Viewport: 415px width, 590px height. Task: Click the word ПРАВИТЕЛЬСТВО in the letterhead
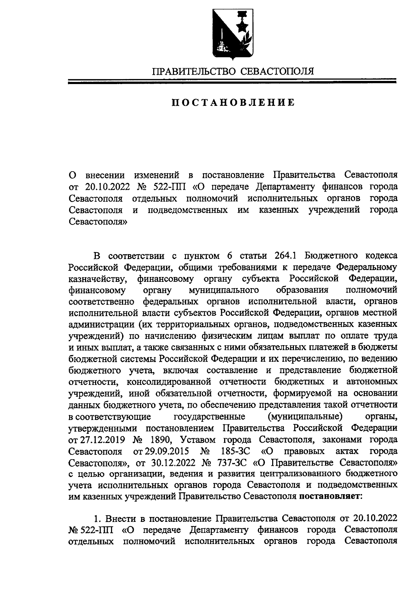194,72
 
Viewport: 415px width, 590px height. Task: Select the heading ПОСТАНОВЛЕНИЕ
233,103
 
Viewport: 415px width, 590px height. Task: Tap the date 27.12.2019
99,440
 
